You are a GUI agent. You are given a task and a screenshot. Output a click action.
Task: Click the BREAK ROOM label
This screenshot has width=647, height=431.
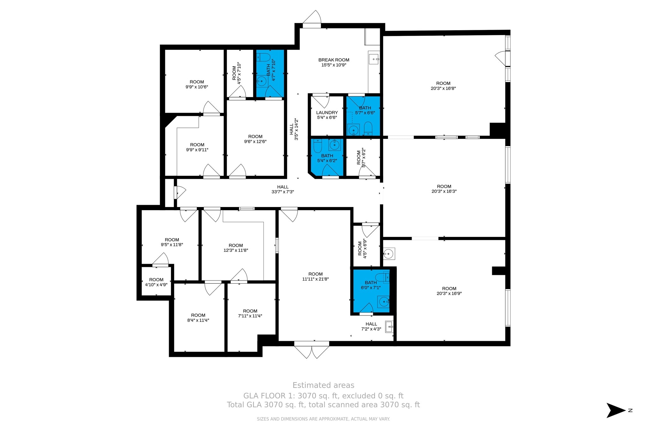[334, 60]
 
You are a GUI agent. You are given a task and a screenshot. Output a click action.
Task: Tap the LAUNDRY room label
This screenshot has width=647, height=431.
[327, 113]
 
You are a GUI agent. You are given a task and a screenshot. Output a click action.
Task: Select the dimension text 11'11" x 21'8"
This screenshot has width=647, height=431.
[315, 279]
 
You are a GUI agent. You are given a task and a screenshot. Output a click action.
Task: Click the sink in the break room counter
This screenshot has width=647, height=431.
[374, 59]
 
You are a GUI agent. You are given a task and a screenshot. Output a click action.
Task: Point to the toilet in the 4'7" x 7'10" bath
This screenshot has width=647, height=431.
[263, 57]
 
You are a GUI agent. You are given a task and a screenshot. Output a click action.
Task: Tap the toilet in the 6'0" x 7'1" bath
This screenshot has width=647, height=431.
[382, 277]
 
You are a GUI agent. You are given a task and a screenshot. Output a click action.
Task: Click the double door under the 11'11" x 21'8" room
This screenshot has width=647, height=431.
[312, 351]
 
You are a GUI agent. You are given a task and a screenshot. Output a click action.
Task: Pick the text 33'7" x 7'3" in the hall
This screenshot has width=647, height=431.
[283, 192]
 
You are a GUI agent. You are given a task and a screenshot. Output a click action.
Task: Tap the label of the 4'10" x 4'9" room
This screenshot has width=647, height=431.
[156, 280]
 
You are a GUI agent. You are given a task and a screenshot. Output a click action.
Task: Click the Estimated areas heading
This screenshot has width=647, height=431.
[323, 385]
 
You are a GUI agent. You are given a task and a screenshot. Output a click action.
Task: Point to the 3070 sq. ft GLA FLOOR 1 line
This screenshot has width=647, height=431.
[323, 396]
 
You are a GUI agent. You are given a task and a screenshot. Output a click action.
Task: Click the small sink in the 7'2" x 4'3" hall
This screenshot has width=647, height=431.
[389, 327]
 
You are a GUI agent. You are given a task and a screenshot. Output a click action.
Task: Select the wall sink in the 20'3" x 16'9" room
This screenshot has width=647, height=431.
[389, 253]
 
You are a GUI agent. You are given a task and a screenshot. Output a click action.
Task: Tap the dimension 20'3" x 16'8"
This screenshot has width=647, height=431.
[443, 89]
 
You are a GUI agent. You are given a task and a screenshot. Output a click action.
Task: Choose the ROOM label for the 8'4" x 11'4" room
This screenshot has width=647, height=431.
[198, 315]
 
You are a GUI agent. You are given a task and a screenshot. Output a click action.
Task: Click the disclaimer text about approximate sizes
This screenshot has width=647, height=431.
[323, 419]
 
